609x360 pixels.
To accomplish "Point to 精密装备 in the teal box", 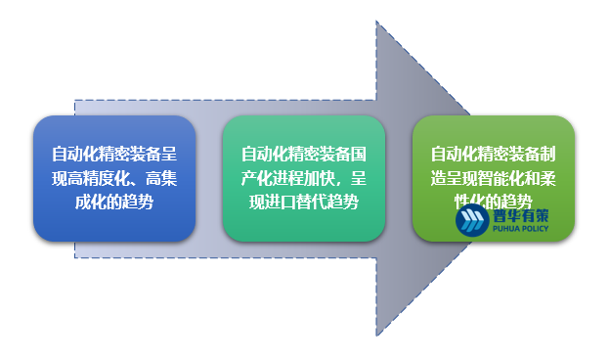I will pos(319,155).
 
